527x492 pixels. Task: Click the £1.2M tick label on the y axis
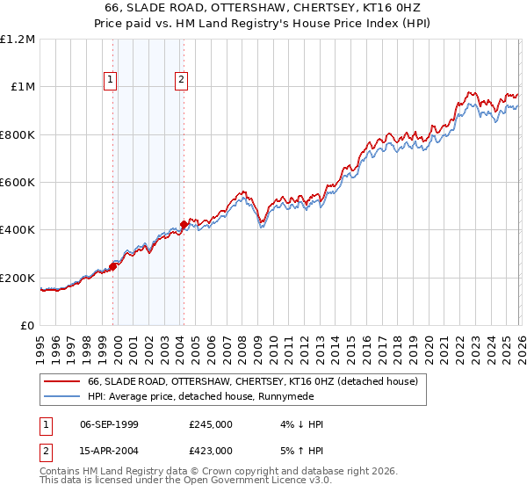click(x=18, y=39)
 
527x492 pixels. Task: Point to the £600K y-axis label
click(x=18, y=183)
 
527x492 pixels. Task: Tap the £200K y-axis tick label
click(x=18, y=278)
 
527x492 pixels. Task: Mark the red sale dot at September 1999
click(x=113, y=267)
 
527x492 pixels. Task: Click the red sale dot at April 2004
click(x=184, y=225)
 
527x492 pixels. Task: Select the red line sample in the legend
click(x=62, y=381)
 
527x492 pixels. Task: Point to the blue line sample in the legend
click(x=62, y=396)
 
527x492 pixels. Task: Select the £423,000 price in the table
click(x=211, y=450)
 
